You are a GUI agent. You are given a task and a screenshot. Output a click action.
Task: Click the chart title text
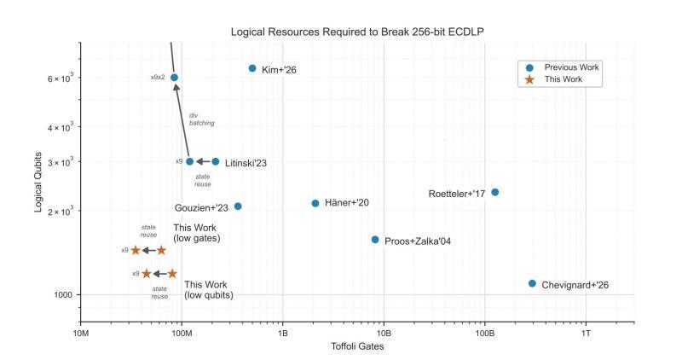point(357,32)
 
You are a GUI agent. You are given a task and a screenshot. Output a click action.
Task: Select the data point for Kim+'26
point(252,68)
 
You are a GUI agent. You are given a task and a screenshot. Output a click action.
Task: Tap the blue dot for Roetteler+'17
point(494,192)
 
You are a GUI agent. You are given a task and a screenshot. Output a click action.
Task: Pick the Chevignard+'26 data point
point(532,283)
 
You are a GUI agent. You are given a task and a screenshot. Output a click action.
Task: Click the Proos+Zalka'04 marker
point(375,240)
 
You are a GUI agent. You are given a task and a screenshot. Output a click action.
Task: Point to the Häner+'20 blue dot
point(315,203)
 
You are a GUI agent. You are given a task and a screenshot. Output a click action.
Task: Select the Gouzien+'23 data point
point(238,206)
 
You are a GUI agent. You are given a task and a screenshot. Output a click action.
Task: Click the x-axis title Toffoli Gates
point(357,347)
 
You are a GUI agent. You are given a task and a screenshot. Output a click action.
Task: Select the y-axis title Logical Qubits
point(38,181)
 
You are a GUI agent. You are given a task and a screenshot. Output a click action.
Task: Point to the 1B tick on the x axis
point(283,333)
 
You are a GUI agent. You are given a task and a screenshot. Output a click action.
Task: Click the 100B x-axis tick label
point(484,333)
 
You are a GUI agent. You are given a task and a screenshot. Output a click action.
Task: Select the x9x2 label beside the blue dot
point(158,78)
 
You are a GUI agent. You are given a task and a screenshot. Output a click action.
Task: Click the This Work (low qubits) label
point(209,290)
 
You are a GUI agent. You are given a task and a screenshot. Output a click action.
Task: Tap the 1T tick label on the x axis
point(586,333)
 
